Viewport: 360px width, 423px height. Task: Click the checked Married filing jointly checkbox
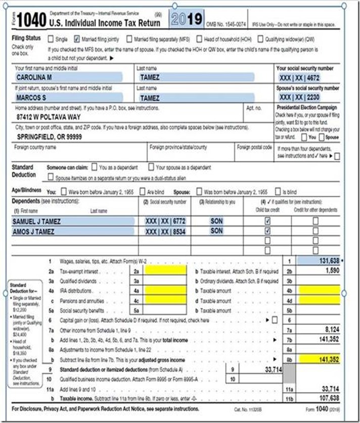coord(76,39)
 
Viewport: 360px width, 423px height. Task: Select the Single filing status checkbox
coord(51,39)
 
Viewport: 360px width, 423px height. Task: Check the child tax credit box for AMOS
coord(267,231)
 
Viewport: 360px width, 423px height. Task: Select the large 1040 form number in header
coord(31,21)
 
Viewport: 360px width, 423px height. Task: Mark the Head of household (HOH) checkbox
coord(199,39)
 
